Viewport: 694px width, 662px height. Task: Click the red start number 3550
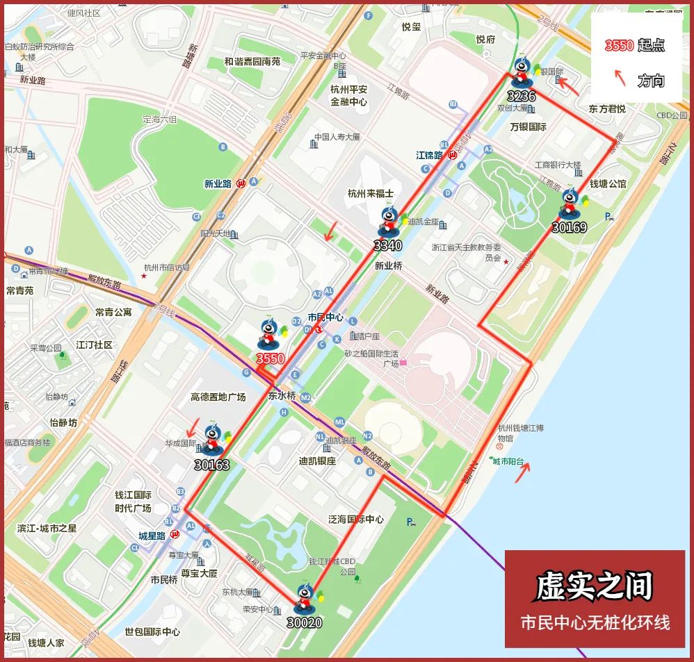tap(271, 358)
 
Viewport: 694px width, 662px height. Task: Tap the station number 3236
tap(522, 96)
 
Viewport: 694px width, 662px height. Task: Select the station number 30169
tap(570, 227)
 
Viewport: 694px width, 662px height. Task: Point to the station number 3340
tap(387, 245)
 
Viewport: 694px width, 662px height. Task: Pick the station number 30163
tap(212, 465)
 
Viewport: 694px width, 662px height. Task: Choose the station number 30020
tap(305, 622)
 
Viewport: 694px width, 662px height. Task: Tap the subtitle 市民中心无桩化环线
tap(595, 622)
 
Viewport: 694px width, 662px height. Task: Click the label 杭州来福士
tap(371, 193)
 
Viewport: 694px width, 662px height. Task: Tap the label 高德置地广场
tap(218, 397)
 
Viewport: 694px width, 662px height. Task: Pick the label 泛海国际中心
tap(356, 519)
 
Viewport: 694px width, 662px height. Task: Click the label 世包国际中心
tap(152, 632)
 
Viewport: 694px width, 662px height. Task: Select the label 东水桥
tap(282, 396)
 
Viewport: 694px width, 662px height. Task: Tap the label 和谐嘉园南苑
tap(252, 61)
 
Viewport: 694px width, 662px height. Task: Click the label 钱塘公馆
tap(608, 183)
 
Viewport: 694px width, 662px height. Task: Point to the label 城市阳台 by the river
tap(510, 461)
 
